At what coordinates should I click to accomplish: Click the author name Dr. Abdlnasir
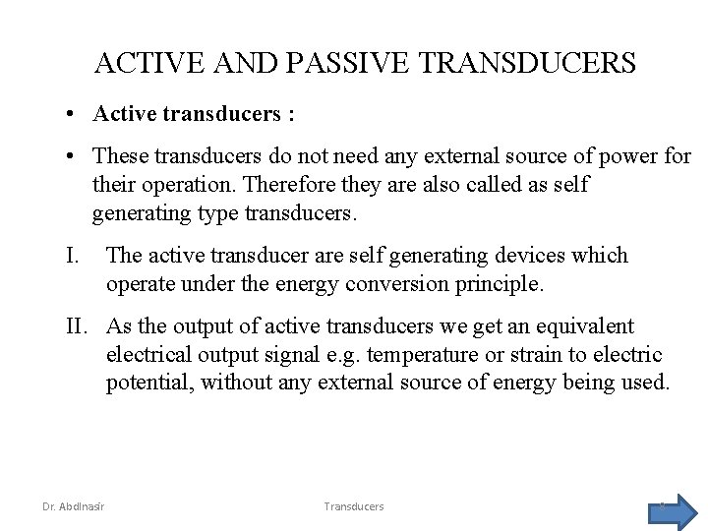pos(75,506)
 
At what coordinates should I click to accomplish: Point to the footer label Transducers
pos(354,506)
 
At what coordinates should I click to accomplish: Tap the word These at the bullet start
pos(119,157)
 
